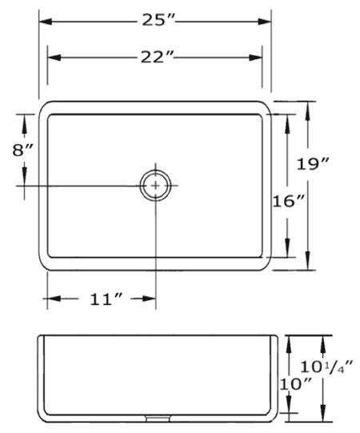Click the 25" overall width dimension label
coord(156,19)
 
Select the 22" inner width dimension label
coord(156,57)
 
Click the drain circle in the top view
coord(155,185)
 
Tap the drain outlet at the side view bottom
coord(156,417)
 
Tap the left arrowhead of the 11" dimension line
coord(50,299)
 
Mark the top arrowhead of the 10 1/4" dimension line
coord(323,340)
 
